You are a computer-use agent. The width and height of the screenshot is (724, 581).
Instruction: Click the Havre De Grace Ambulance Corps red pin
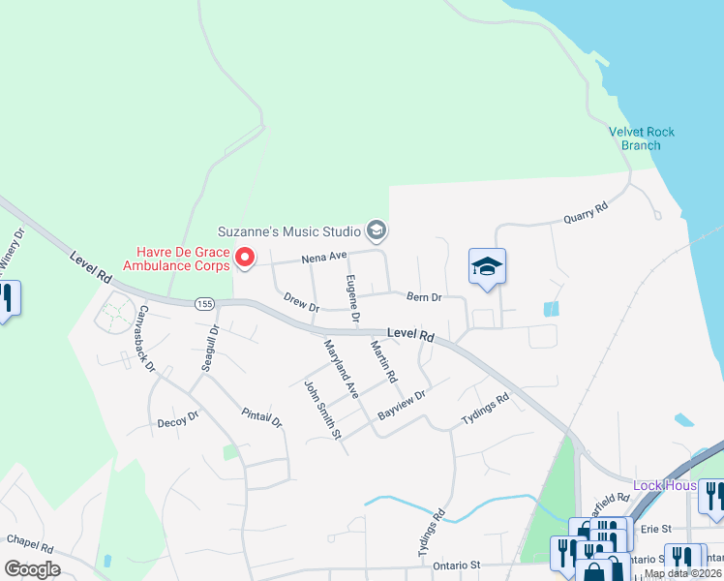244,258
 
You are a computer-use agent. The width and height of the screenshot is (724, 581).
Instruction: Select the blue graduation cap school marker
487,268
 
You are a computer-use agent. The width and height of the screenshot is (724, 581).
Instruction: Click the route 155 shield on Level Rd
203,303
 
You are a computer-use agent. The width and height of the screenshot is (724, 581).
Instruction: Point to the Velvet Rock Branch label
641,138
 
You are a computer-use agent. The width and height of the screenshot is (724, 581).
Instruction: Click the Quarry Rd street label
587,213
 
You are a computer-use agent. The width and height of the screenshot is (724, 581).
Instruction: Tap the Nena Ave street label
323,258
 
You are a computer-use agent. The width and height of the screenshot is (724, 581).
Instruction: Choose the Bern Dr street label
424,297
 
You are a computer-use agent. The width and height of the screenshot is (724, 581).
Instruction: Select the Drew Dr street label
301,303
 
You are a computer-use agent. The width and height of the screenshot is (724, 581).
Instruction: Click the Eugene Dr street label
352,298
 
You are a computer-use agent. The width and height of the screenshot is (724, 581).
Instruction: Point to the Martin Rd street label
384,360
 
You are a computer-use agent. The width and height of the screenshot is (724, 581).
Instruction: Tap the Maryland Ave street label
342,369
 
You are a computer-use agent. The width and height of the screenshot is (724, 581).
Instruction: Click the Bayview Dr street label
402,405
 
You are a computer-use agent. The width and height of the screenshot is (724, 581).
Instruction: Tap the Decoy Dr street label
177,420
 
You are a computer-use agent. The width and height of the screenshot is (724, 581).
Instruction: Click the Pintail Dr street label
261,417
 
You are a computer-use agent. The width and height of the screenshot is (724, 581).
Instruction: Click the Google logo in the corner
32,568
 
